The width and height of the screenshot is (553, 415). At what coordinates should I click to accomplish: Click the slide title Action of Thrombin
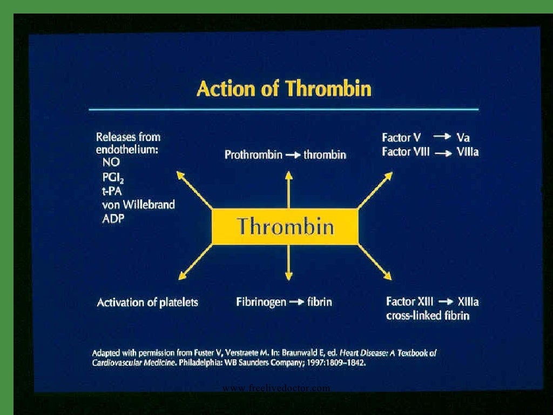284,89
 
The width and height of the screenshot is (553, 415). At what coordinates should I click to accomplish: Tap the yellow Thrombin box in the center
285,226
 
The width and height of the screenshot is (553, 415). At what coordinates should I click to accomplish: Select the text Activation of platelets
147,303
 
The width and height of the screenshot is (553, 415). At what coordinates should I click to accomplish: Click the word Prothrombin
253,155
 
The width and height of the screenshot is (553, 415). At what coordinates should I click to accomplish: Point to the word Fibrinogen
261,302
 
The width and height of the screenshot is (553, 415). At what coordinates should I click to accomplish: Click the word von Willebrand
138,205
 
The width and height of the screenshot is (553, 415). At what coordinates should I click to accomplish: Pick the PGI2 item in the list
113,177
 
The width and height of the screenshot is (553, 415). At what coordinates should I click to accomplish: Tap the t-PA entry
112,191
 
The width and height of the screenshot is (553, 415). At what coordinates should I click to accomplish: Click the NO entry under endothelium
110,163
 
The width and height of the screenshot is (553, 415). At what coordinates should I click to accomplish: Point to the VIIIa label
467,152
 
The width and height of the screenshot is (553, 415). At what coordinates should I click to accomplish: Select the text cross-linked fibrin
428,316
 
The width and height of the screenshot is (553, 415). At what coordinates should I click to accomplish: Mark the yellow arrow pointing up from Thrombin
289,189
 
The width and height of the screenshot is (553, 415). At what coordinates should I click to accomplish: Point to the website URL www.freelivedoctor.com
276,388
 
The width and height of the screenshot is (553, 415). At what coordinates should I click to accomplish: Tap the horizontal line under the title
284,110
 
